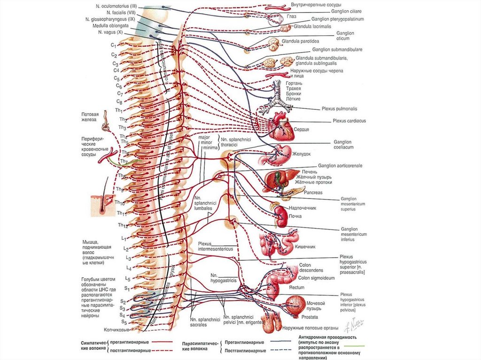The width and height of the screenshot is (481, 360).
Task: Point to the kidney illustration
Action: pyautogui.click(x=281, y=216)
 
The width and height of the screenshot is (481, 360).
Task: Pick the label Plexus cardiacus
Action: pyautogui.click(x=349, y=121)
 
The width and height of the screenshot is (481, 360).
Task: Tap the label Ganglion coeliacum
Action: pyautogui.click(x=343, y=144)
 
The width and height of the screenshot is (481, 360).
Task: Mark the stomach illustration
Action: pyautogui.click(x=284, y=154)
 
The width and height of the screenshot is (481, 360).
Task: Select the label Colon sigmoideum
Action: pyautogui.click(x=317, y=278)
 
